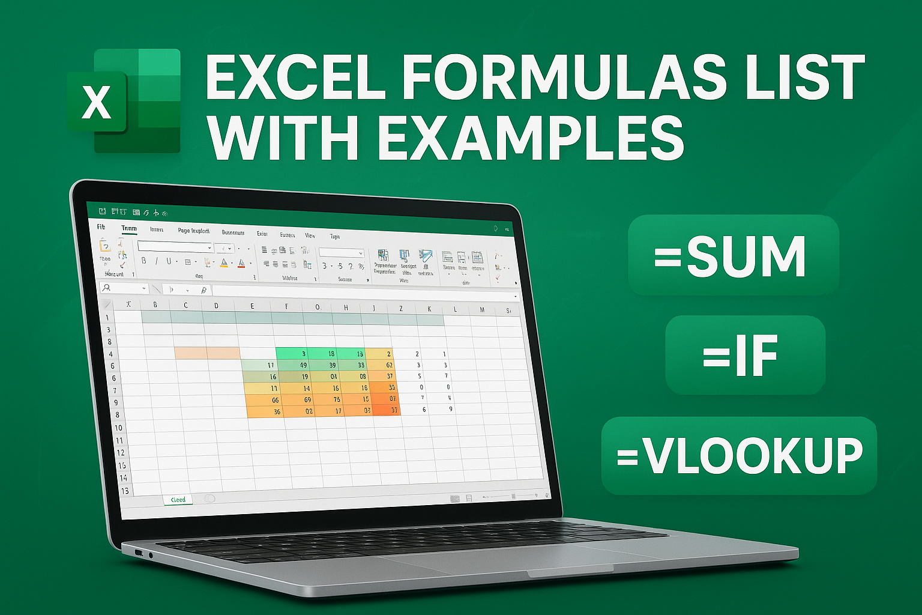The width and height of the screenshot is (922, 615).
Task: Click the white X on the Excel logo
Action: [97, 102]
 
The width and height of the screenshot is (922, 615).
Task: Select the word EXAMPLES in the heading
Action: [531, 138]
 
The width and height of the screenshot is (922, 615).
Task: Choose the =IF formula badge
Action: [744, 356]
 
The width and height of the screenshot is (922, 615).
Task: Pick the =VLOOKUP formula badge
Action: [739, 456]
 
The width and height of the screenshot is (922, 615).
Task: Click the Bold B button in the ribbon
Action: [143, 261]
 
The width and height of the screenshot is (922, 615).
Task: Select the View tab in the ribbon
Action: [310, 235]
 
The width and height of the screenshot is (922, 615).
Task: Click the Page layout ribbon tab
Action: [193, 231]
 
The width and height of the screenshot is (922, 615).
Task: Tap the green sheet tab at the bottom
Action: [178, 500]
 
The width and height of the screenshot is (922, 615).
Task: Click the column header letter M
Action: [482, 310]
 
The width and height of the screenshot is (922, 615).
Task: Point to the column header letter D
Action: [216, 306]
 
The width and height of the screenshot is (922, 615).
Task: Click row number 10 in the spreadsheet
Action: [118, 428]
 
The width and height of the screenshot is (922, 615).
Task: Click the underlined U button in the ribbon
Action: [169, 261]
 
